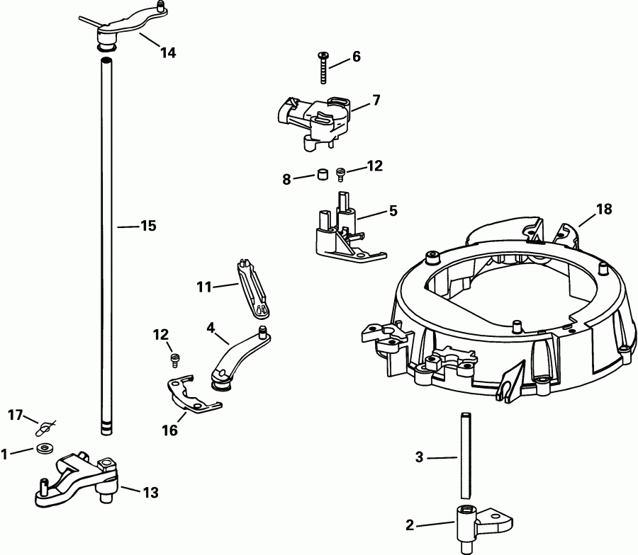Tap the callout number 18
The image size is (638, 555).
point(604,209)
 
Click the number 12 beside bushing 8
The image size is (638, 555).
point(375,166)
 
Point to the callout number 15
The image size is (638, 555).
point(147,226)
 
